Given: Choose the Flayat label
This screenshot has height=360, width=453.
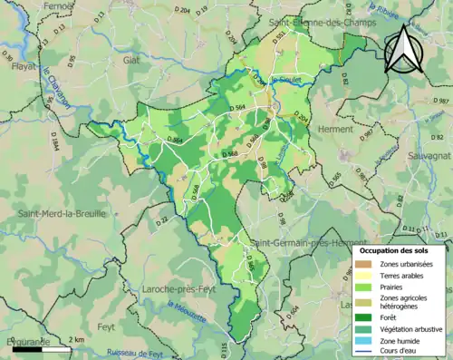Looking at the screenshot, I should [22, 66].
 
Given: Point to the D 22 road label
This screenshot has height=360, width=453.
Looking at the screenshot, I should [162, 220].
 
